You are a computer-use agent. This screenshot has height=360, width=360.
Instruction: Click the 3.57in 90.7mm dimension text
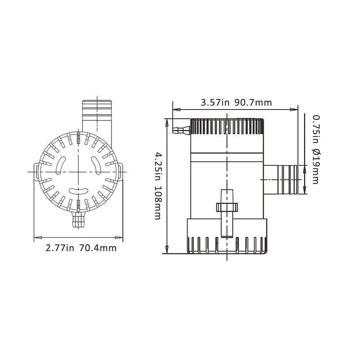tap(236, 103)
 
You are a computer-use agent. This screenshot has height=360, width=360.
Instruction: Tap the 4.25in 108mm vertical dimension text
tap(157, 185)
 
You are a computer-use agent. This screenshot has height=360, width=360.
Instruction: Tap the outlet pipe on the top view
tap(96, 115)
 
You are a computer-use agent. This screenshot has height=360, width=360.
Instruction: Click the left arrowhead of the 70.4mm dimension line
tap(36, 237)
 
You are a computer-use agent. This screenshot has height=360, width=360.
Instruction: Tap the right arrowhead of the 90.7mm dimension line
tap(295, 109)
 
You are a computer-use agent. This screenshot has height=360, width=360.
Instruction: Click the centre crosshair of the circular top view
tap(78, 171)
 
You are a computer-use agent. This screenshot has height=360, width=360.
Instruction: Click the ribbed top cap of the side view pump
tap(227, 127)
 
